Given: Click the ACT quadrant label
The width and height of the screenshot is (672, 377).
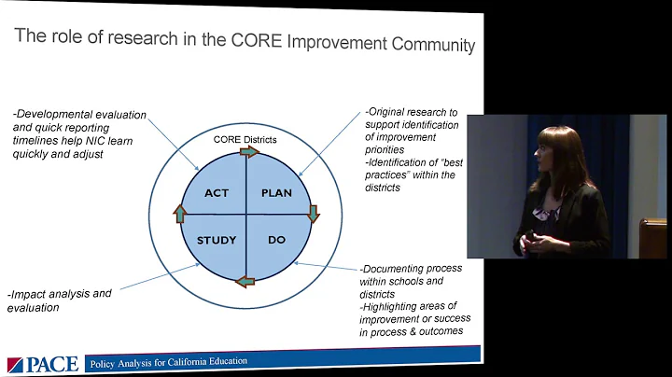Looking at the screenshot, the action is pos(217,193).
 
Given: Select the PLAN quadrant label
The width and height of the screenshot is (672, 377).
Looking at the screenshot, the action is pos(276,193).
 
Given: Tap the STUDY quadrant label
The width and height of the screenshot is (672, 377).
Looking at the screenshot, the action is pos(217,240).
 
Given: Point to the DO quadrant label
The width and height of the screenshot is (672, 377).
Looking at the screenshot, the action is pos(277,240).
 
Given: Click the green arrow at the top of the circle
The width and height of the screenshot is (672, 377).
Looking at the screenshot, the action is pos(249,151).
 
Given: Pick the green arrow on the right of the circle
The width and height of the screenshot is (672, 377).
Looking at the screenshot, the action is pos(313,213).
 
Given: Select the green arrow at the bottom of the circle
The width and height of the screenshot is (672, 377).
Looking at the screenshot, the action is pos(245,279).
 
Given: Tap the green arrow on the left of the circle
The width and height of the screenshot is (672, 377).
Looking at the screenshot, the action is pos(180,214).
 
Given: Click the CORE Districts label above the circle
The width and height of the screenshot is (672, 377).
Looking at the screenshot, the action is pos(245,140).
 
